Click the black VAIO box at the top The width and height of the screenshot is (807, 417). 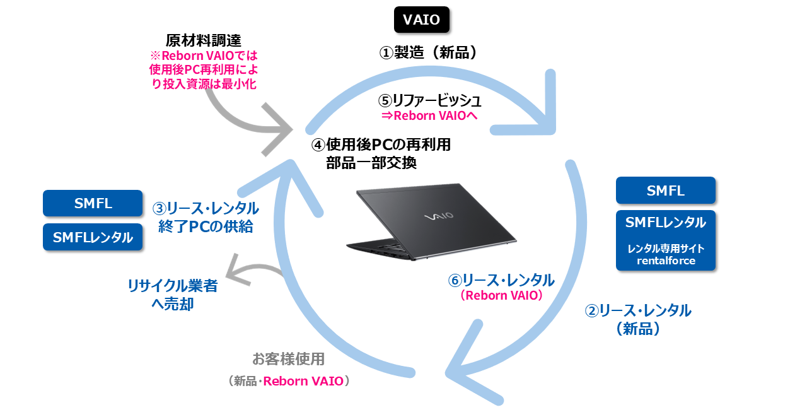(422, 20)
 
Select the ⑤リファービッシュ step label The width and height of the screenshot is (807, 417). (430, 100)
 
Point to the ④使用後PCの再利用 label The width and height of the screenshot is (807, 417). (381, 144)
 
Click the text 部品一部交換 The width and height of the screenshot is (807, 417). (371, 162)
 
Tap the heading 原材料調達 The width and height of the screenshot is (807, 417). (203, 40)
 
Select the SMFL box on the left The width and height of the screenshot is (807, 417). (93, 203)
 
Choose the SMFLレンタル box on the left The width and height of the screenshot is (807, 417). (93, 237)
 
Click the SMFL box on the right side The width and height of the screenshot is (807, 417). (665, 191)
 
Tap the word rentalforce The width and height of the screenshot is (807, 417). (665, 261)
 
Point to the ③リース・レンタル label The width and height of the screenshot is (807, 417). (206, 208)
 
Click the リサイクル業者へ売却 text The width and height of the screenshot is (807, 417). (172, 295)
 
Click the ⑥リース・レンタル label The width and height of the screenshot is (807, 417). (500, 280)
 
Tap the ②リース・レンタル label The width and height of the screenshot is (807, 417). (637, 310)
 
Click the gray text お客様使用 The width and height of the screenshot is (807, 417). (288, 359)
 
